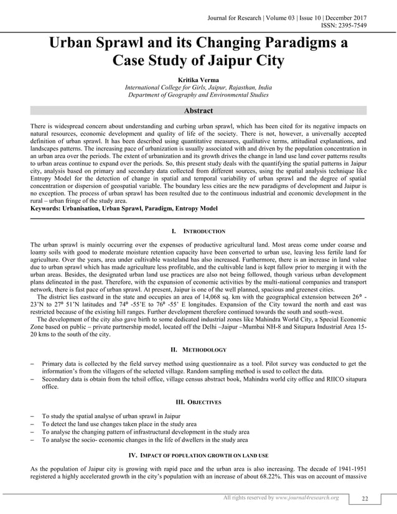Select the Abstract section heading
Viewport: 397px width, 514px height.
(198, 111)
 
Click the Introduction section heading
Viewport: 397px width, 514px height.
(198, 231)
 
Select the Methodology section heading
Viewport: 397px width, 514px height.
(198, 350)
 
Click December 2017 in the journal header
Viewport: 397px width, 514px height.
(342, 7)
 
